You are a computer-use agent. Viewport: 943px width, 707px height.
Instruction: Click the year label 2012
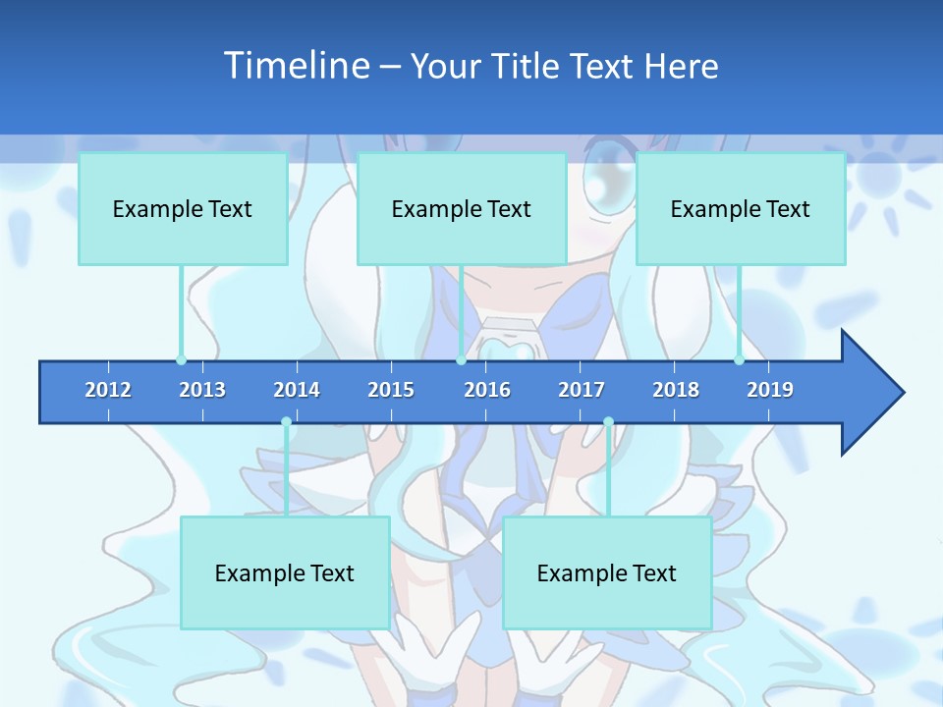[108, 390]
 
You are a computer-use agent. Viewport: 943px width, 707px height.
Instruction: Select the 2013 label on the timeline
[202, 390]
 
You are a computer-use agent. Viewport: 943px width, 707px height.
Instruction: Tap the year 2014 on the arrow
[297, 390]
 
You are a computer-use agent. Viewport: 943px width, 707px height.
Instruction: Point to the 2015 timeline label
[391, 390]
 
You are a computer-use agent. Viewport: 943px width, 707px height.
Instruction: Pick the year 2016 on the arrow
[487, 390]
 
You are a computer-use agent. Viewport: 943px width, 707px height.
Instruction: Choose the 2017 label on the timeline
[582, 390]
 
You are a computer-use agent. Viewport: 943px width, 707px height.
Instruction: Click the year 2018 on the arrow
[676, 390]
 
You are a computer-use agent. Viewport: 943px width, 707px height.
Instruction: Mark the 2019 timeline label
[770, 390]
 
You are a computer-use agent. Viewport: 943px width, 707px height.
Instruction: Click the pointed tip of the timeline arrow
[901, 393]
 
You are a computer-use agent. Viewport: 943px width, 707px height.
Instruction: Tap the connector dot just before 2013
[181, 360]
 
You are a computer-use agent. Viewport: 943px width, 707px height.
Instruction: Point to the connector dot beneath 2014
[286, 422]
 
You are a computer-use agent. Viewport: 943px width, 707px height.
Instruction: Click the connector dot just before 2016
[461, 360]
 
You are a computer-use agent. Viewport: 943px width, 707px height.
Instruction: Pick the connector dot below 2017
[608, 422]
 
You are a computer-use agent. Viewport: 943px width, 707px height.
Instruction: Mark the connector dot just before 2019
[739, 360]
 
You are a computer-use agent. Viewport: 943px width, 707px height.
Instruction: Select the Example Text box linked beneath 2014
[285, 572]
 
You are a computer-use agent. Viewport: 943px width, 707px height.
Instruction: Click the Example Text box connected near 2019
[741, 208]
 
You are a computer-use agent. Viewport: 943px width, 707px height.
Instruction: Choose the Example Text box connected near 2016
[462, 208]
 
